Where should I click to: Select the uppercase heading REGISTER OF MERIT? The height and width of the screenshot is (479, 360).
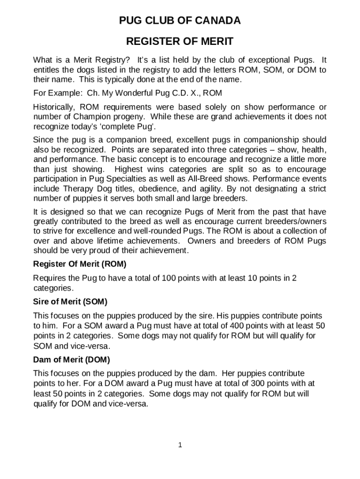180,42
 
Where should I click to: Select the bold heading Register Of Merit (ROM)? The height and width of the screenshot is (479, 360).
79,264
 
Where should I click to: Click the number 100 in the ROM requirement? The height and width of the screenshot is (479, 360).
168,278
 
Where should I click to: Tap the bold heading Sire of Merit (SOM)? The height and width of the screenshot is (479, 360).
70,301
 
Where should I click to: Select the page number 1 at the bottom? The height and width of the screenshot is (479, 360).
180,445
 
